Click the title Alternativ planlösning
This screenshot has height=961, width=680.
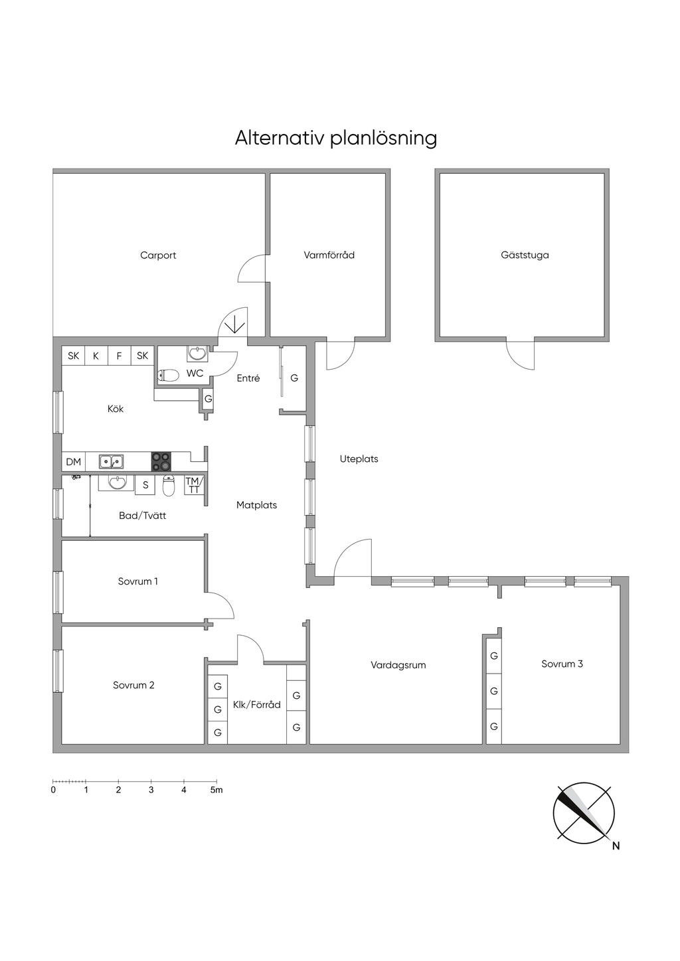click(335, 138)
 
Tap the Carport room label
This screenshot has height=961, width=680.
click(158, 256)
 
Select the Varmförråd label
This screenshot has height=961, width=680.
click(329, 256)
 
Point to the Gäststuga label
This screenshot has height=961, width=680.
click(525, 256)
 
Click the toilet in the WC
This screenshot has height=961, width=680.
click(169, 376)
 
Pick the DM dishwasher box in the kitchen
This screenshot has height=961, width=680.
click(73, 462)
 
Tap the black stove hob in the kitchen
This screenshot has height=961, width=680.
click(161, 461)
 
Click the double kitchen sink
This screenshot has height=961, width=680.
click(111, 461)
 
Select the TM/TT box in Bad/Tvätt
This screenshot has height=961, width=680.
click(193, 485)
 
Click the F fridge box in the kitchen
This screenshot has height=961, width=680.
click(119, 356)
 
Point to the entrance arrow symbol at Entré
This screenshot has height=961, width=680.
click(234, 326)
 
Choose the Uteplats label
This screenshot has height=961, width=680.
click(359, 459)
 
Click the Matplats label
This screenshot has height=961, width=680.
click(256, 505)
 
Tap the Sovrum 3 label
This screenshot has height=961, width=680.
click(562, 664)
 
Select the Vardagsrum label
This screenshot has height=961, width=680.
click(398, 665)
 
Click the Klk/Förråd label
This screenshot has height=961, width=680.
click(256, 705)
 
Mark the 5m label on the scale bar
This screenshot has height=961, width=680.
click(216, 790)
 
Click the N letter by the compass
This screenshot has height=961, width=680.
click(616, 846)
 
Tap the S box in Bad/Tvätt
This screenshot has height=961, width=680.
click(145, 485)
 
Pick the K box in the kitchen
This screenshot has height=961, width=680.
click(96, 356)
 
